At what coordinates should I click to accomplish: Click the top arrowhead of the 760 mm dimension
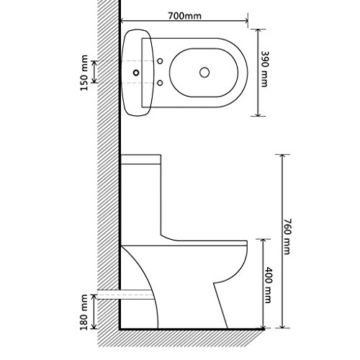[x=282, y=156]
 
